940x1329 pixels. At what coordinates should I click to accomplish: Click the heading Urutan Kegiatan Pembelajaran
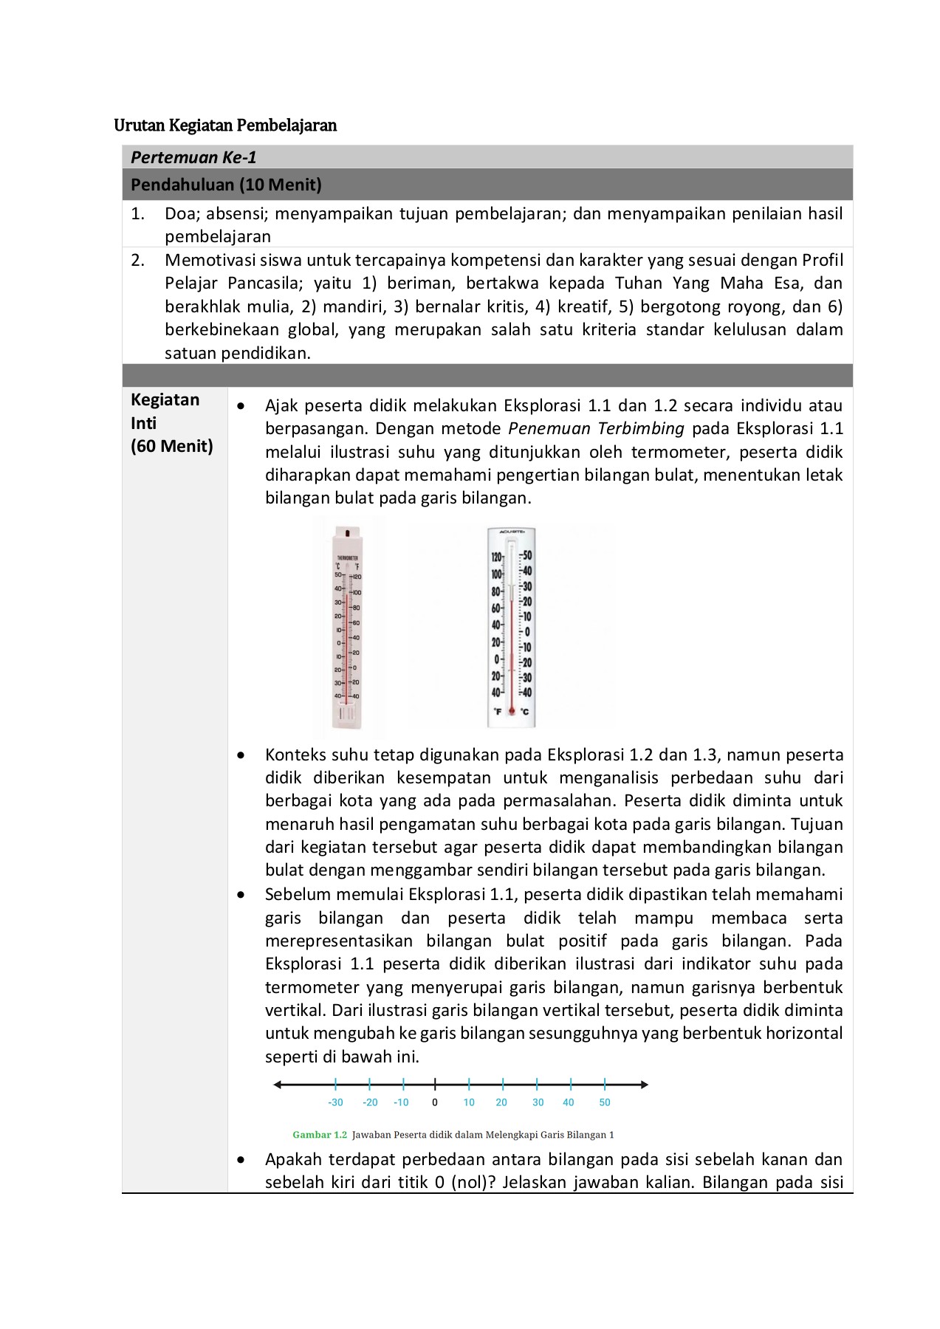point(225,126)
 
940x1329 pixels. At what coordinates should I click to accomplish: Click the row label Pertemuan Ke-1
point(193,157)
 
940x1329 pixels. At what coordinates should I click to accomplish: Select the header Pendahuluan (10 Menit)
point(226,185)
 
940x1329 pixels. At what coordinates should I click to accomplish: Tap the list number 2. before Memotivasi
point(138,260)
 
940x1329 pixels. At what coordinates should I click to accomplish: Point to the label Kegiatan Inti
point(165,411)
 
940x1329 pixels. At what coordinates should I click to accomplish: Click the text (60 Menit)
point(171,446)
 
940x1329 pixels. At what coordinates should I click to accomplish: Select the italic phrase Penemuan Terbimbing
point(596,429)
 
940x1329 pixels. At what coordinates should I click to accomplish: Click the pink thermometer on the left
point(348,628)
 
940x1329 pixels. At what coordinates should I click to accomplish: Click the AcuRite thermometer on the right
point(511,628)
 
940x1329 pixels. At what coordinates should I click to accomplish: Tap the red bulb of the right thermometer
point(511,711)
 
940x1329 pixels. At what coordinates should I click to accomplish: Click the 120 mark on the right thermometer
point(496,557)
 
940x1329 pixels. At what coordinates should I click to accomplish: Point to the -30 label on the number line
point(335,1102)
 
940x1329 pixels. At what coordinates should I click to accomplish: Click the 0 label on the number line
point(435,1102)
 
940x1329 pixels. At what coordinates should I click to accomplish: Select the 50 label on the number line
point(605,1102)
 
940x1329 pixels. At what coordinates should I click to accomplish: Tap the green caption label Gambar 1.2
point(319,1135)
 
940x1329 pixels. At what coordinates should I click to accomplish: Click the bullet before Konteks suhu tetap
point(241,755)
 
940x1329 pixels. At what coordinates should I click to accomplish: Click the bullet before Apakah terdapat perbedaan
point(241,1160)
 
